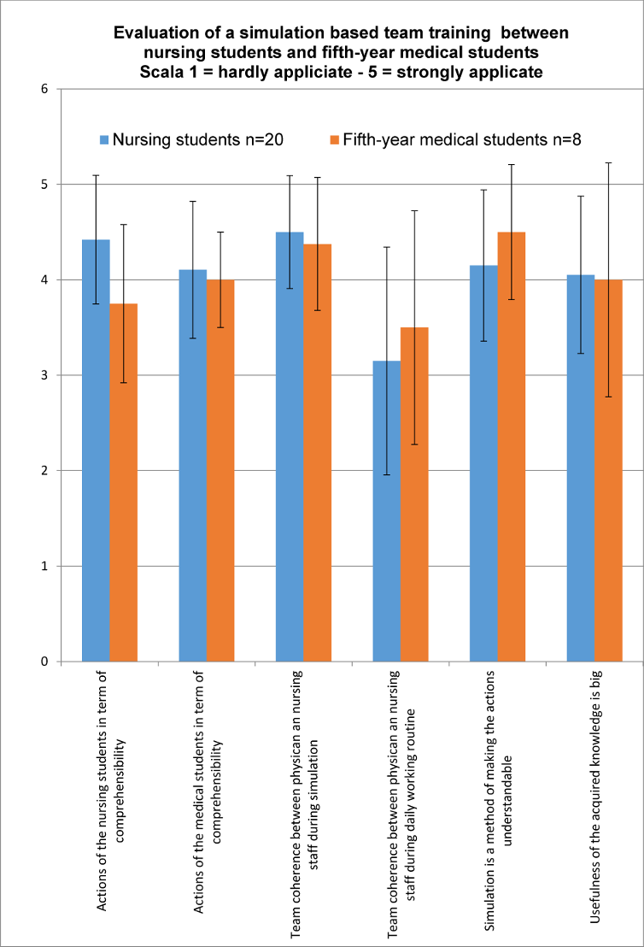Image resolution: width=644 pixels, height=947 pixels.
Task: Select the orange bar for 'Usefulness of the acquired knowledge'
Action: coord(608,470)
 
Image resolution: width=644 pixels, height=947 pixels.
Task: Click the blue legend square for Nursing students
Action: coord(105,139)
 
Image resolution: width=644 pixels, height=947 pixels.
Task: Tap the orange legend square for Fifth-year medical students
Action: coord(335,139)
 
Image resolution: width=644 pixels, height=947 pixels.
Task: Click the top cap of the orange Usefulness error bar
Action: coord(608,162)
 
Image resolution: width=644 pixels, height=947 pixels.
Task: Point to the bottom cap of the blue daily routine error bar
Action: coord(386,474)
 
